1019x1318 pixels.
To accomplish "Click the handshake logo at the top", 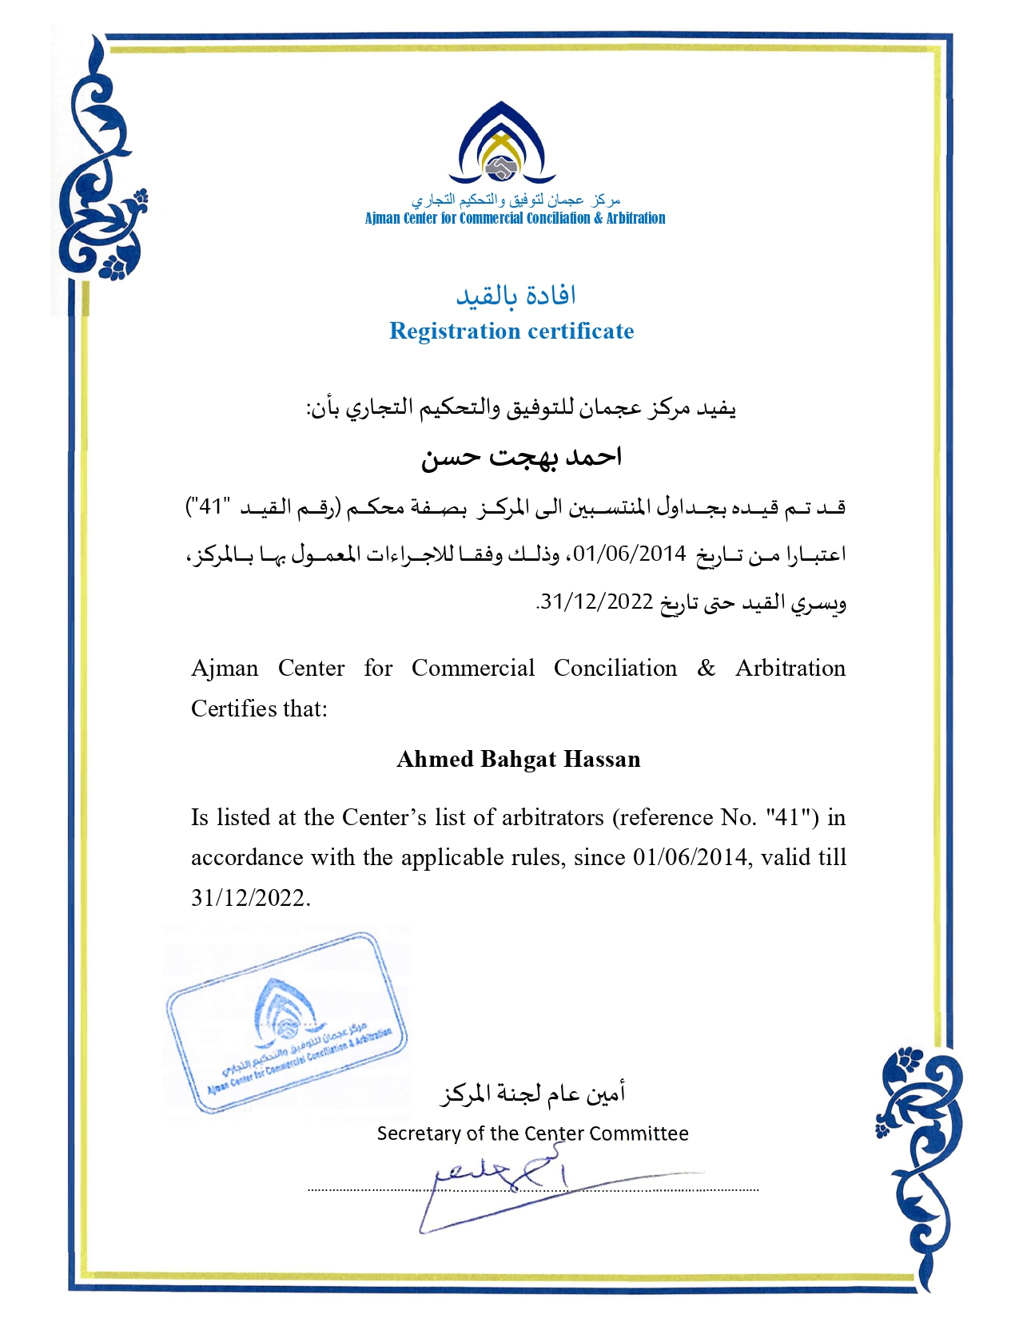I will pyautogui.click(x=501, y=166).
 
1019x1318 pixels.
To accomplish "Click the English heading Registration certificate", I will pyautogui.click(x=511, y=331).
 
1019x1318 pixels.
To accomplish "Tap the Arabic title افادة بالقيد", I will pyautogui.click(x=515, y=296).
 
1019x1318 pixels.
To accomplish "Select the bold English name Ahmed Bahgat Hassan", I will pyautogui.click(x=519, y=759).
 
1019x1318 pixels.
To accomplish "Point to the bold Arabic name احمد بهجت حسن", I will pyautogui.click(x=521, y=457).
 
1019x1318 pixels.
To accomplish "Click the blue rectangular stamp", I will pyautogui.click(x=286, y=1022).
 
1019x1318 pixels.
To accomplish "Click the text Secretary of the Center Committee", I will pyautogui.click(x=532, y=1133).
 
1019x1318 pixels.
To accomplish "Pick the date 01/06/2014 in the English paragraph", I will pyautogui.click(x=691, y=857).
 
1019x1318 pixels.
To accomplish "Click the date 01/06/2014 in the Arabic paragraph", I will pyautogui.click(x=630, y=554).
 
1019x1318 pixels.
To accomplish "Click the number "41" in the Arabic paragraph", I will pyautogui.click(x=210, y=506).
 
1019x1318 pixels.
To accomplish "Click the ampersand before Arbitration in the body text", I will pyautogui.click(x=706, y=668).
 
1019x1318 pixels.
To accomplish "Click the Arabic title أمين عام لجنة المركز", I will pyautogui.click(x=532, y=1093).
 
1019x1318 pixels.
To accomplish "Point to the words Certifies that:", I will pyautogui.click(x=259, y=709).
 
